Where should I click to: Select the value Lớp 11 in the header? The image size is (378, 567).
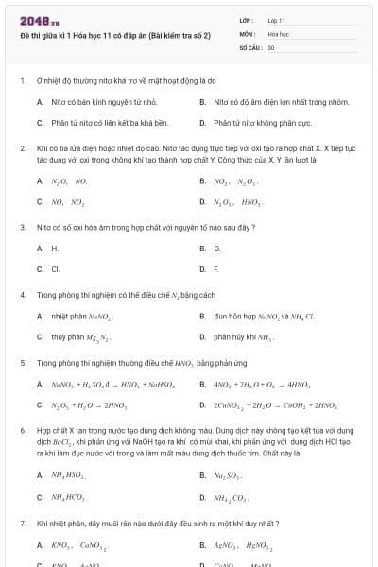pyautogui.click(x=276, y=19)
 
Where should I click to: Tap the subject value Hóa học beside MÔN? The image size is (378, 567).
pyautogui.click(x=278, y=32)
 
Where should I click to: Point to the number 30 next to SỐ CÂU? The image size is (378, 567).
pyautogui.click(x=271, y=46)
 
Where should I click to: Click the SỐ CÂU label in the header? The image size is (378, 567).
pyautogui.click(x=249, y=46)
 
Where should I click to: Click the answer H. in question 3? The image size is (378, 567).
pyautogui.click(x=55, y=249)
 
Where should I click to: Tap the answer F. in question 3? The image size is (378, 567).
pyautogui.click(x=216, y=269)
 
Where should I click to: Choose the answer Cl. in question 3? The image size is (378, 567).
pyautogui.click(x=56, y=269)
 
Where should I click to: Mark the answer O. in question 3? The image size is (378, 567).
pyautogui.click(x=217, y=249)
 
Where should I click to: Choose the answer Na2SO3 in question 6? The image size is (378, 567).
pyautogui.click(x=226, y=475)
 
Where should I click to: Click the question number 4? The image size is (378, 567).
pyautogui.click(x=23, y=295)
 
